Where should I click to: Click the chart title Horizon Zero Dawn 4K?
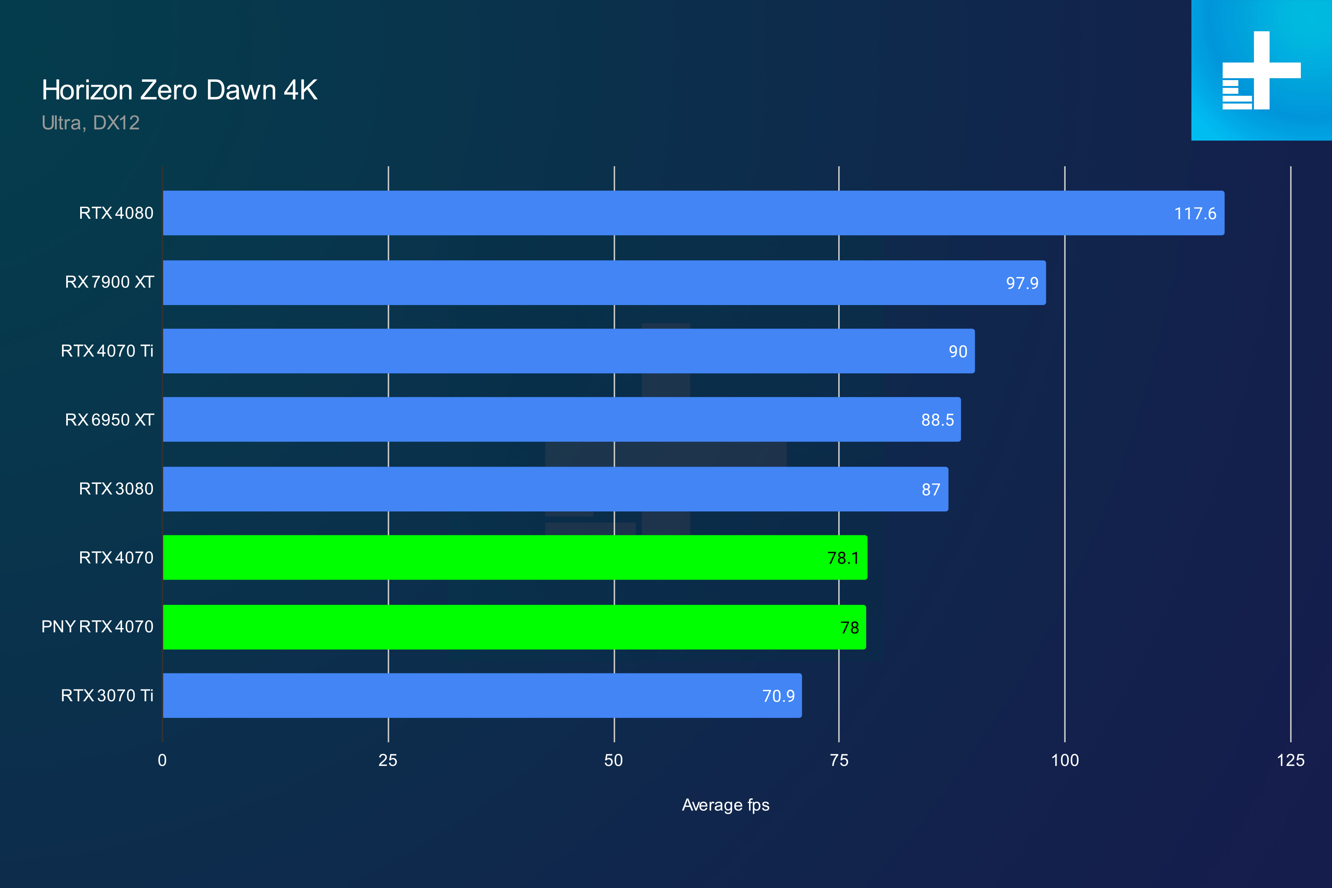coord(180,90)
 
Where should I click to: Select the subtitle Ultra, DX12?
coord(90,123)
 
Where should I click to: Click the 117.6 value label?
coord(1195,213)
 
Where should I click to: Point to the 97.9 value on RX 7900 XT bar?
coord(1022,283)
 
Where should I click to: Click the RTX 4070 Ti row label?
coord(107,351)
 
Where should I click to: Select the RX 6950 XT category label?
coord(109,420)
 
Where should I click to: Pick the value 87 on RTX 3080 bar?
coord(930,489)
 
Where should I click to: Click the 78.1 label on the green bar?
coord(843,558)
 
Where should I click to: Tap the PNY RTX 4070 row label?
coord(97,627)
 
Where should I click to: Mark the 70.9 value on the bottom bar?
coord(778,696)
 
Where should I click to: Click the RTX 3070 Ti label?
coord(107,696)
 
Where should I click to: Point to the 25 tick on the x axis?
coord(388,761)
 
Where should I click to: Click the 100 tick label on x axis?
coord(1065,761)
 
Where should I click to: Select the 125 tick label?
coord(1290,761)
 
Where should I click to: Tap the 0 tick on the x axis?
coord(162,761)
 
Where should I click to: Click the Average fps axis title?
coord(726,805)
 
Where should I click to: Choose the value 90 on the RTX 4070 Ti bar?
coord(957,351)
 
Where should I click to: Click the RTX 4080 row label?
coord(116,213)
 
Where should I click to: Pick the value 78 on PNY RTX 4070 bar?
coord(849,627)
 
